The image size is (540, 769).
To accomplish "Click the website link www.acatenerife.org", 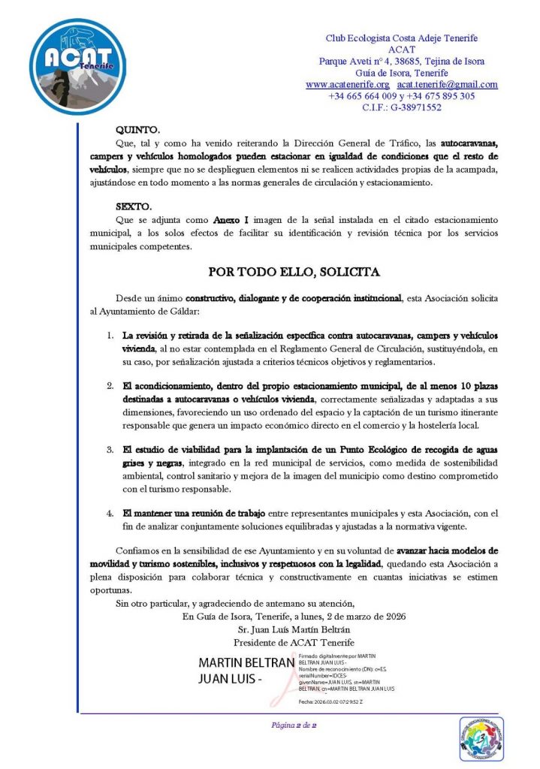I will coord(347,85).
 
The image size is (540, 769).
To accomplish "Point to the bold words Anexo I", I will coord(231,219).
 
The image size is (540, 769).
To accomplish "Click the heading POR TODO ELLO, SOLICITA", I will coord(294,271).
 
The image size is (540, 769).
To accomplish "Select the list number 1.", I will coord(109,334).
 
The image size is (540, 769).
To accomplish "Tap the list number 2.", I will coord(109,386).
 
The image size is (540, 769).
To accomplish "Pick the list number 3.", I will coord(109,450).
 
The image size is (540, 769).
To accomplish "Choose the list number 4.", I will coord(109,514).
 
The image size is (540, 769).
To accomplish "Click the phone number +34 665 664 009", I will coord(362,96).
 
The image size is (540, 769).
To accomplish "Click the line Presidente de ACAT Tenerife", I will coord(294,643).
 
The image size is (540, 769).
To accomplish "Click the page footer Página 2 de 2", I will coord(294,725).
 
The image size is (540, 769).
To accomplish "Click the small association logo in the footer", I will coord(481,739).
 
